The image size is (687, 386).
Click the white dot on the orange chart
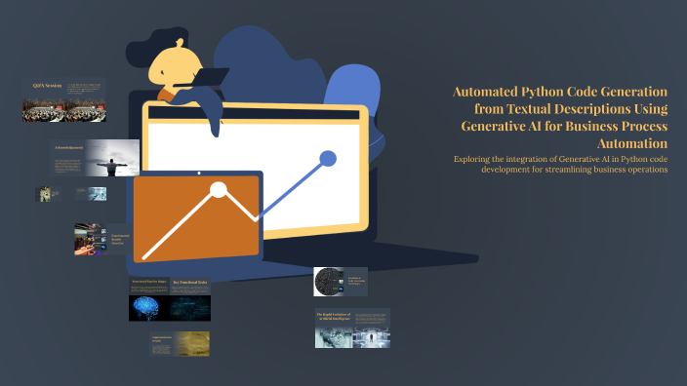219,190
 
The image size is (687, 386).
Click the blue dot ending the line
328,158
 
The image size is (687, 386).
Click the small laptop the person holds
210,77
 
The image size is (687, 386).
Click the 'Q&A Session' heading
46,86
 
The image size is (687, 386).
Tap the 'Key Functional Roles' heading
191,284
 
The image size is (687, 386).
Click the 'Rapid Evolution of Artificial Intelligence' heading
333,316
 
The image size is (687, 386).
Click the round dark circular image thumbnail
326,282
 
